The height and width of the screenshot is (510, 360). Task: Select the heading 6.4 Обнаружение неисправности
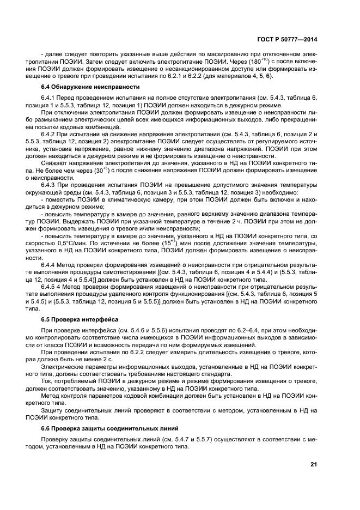[x=77, y=87]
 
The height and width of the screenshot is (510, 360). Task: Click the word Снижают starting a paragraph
[x=55, y=162]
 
